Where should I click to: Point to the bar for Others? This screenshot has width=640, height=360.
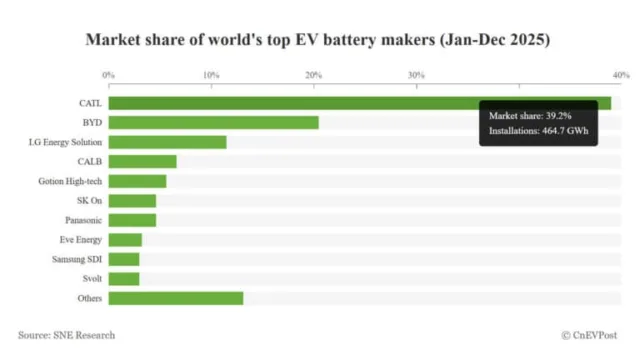[175, 298]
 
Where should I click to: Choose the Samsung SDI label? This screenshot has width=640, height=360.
[75, 259]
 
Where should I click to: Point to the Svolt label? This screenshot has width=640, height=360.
[89, 278]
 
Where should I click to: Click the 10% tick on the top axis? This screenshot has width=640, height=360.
[211, 75]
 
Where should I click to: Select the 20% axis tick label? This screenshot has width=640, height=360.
[313, 75]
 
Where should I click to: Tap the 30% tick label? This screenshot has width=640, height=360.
[416, 75]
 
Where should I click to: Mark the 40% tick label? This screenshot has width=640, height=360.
[620, 75]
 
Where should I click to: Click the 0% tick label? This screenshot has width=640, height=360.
[109, 75]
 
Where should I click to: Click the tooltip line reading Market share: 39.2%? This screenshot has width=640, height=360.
[524, 117]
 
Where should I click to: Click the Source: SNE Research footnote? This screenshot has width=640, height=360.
[66, 335]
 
